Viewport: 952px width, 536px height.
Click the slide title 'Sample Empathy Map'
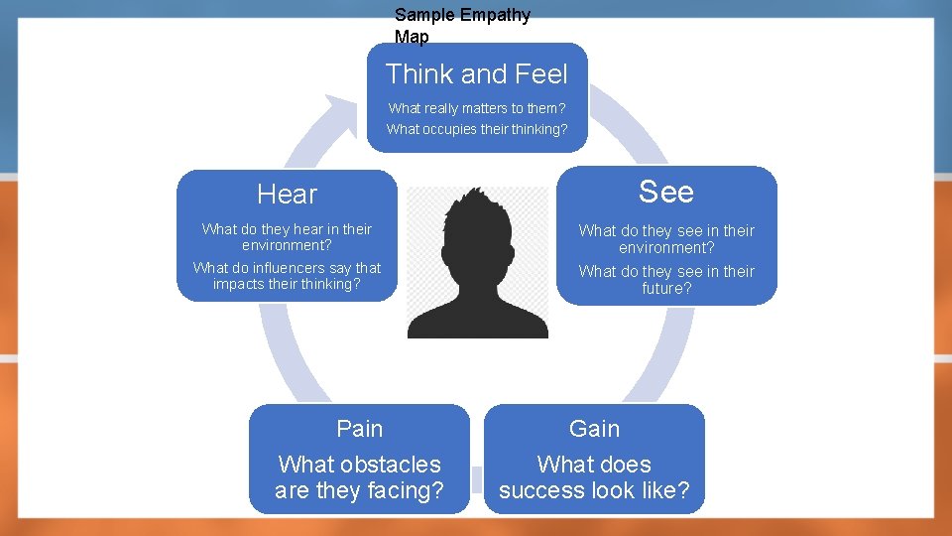point(462,26)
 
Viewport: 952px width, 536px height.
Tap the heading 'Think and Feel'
point(477,74)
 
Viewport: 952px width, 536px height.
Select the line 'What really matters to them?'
point(477,108)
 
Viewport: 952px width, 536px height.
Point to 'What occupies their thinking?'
point(477,129)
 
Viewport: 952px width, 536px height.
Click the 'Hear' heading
point(287,195)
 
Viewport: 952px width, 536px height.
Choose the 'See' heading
point(666,192)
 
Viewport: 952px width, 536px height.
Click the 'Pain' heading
point(359,429)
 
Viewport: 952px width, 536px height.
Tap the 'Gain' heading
point(594,429)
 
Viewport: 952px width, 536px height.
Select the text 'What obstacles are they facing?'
point(359,477)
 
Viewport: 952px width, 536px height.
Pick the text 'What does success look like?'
point(594,477)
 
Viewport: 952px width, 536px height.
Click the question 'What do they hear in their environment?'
point(287,236)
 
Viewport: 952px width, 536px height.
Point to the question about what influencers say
point(287,276)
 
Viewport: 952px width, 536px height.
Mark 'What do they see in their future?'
point(666,280)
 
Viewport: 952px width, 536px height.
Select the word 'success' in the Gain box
point(548,490)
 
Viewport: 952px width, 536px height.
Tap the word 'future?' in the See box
point(666,289)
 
